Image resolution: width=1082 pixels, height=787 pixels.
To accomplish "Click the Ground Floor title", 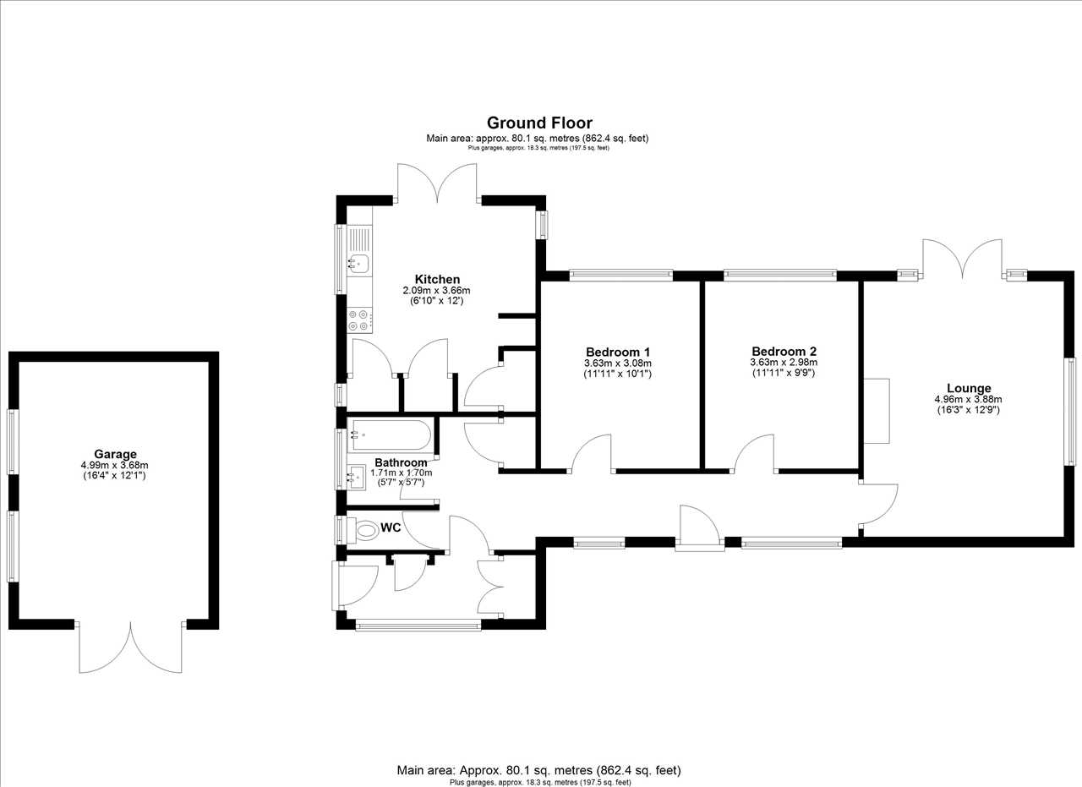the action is tap(539, 123).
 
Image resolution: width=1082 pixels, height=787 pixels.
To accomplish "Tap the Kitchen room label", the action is tap(437, 279).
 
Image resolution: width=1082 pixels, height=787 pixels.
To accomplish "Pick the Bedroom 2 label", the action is tap(784, 351).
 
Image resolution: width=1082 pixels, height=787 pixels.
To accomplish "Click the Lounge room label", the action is tap(969, 388).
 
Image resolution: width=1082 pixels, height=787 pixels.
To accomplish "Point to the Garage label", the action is tap(115, 454).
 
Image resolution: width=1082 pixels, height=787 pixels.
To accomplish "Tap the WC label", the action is tap(391, 527).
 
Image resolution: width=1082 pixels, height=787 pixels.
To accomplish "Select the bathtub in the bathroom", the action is tap(390, 434).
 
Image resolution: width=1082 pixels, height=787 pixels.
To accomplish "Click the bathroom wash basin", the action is tap(358, 478).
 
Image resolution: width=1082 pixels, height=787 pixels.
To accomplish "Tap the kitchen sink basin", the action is tap(358, 265).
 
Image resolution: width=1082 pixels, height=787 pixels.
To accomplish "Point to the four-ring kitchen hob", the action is tap(359, 320).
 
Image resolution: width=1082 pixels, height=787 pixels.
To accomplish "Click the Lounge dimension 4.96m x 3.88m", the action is tap(969, 400).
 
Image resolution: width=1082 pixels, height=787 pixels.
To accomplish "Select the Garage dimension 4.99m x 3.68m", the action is tap(114, 466).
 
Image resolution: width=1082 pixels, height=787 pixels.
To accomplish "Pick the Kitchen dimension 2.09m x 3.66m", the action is tap(437, 291).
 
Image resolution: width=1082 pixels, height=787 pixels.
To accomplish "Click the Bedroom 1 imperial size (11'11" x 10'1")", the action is tap(618, 374).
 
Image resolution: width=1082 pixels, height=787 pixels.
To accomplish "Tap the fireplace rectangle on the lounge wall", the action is tap(877, 411).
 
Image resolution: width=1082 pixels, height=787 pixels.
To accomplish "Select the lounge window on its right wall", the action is tap(1072, 412).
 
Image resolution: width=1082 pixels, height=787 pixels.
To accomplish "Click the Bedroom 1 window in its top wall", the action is tap(620, 276).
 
